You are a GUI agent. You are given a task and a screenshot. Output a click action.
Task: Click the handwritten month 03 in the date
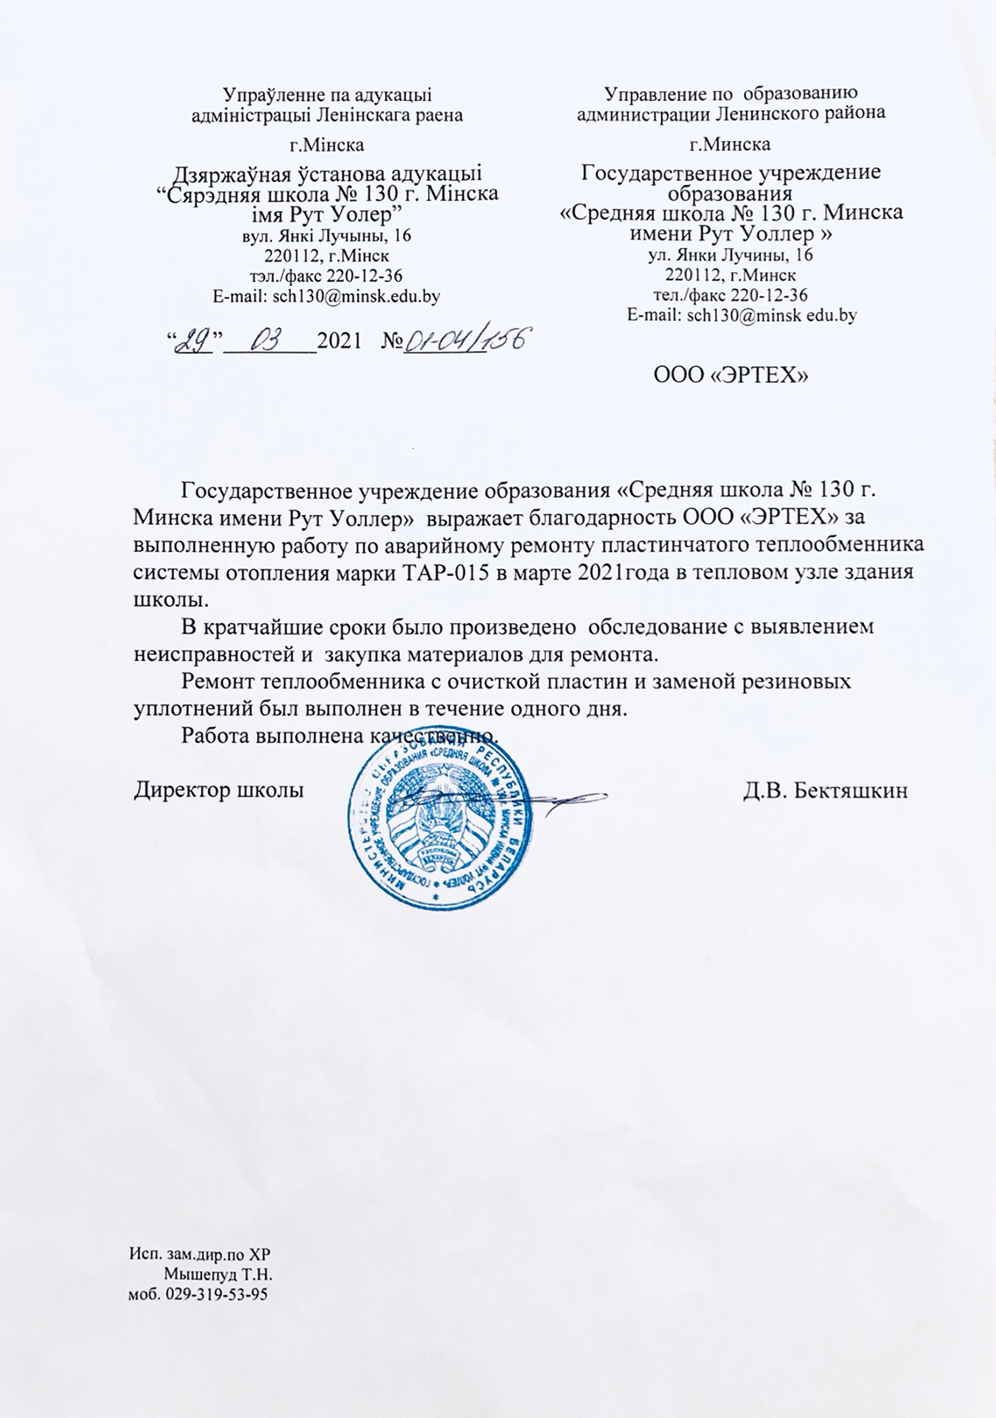(267, 339)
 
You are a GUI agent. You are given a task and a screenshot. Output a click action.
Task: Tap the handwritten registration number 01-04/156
(466, 340)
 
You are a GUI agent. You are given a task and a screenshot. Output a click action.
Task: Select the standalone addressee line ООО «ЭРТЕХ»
(731, 376)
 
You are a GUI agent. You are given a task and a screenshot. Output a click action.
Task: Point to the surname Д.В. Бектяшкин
(825, 791)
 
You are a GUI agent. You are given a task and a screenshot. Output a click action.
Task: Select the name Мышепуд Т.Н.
(218, 1274)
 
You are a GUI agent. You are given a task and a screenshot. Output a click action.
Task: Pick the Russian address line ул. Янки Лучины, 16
(731, 255)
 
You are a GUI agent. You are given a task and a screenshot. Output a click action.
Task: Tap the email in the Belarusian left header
(327, 295)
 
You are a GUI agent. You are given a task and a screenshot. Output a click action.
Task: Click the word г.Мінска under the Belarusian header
(327, 144)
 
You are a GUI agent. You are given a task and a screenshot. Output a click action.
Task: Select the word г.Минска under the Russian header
(730, 144)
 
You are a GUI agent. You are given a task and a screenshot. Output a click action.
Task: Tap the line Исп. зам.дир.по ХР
(198, 1254)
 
